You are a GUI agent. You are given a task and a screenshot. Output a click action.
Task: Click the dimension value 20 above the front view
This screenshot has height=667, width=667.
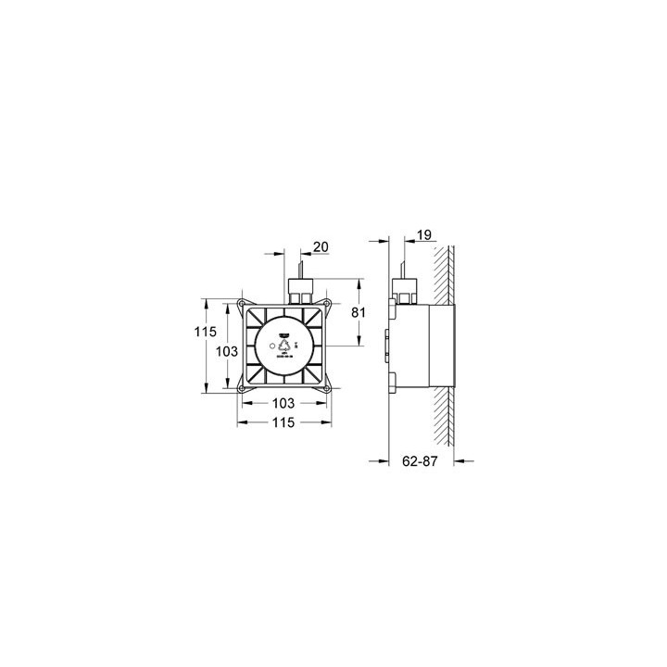[x=320, y=247]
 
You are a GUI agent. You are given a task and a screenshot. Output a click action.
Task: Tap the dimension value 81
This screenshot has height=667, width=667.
[x=359, y=313]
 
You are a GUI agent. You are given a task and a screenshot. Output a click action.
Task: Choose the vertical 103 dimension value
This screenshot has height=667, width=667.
[x=227, y=351]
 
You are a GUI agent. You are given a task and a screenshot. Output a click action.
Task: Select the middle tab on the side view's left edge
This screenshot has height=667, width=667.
[x=387, y=348]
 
